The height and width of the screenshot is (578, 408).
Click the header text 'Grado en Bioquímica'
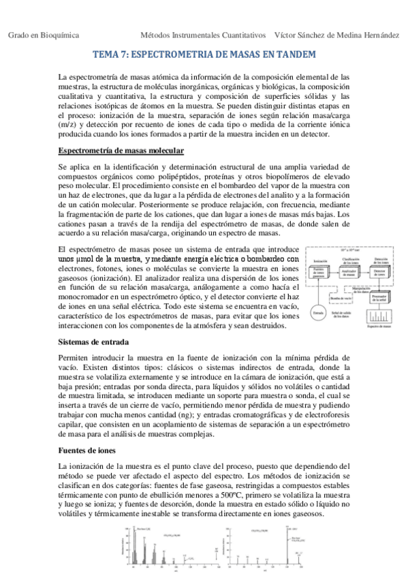coord(44,34)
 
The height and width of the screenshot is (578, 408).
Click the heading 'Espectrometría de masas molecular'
coord(114,149)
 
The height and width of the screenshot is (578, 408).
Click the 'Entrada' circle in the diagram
coord(318,312)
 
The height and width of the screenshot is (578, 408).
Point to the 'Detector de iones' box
coord(379,273)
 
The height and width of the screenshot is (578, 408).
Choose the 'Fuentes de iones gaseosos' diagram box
coord(318,273)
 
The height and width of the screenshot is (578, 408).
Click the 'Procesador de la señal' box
coord(379,298)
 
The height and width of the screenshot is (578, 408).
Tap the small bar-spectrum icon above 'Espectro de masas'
coord(379,317)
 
